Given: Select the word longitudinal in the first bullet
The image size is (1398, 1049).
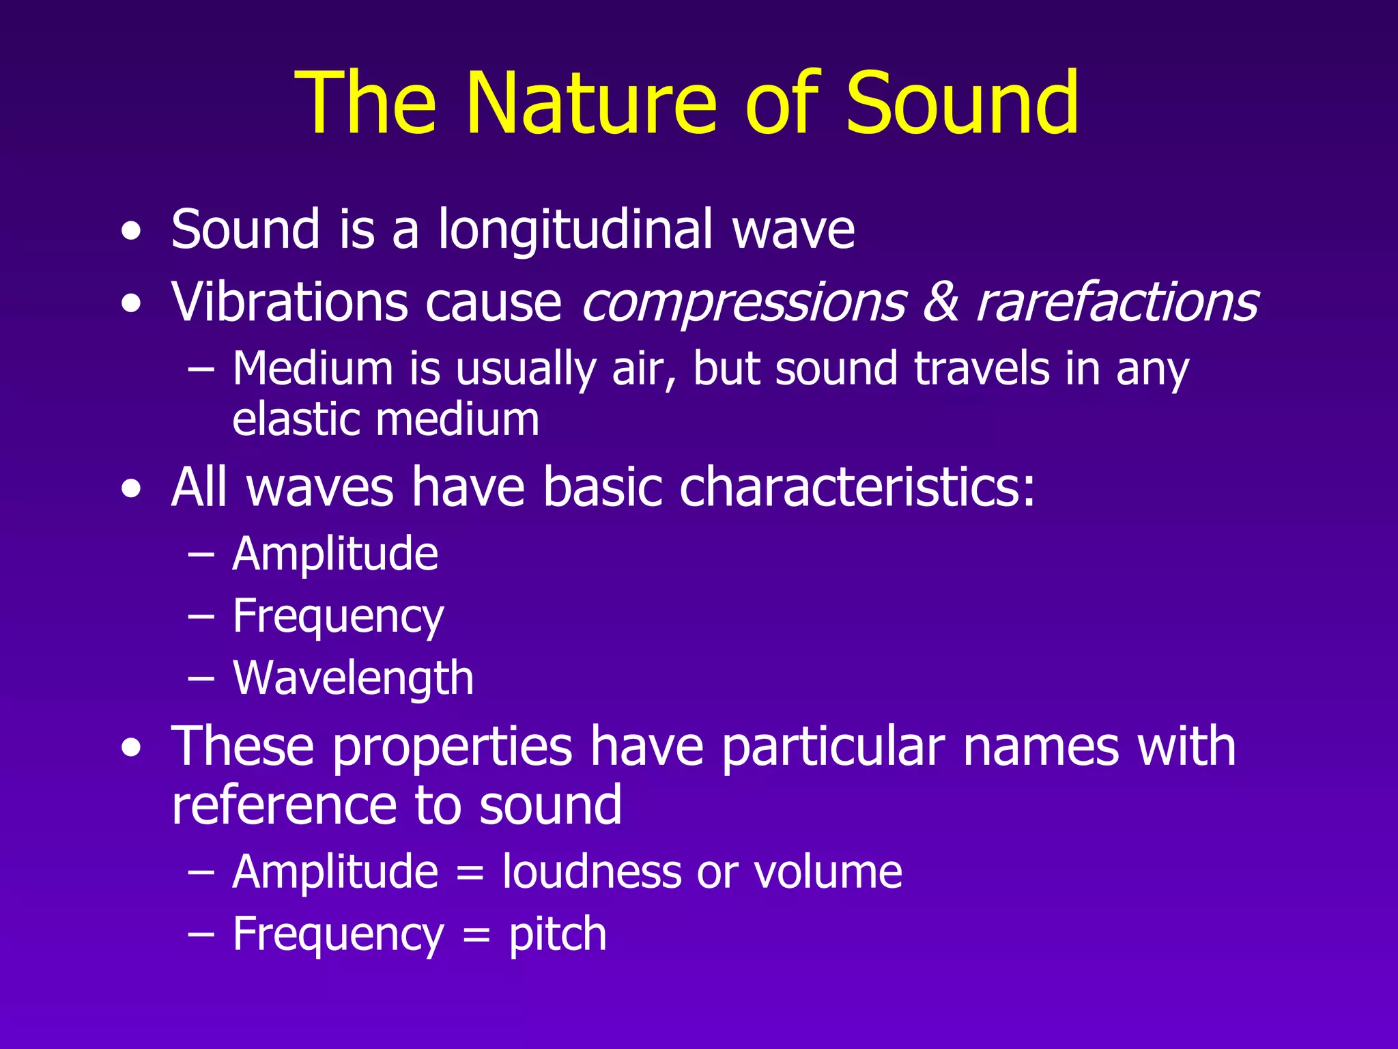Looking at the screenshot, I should [x=575, y=229].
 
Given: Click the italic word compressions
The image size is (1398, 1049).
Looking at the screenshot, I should [x=743, y=303].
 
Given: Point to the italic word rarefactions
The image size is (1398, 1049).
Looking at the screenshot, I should [x=1117, y=302].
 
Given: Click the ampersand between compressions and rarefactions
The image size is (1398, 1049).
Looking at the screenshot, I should [x=941, y=302].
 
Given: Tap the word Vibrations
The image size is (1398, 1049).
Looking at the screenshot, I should [x=289, y=302].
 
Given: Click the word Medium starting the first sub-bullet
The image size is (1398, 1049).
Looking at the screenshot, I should [x=313, y=369].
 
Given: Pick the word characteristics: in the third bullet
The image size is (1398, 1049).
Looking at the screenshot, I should [x=857, y=488].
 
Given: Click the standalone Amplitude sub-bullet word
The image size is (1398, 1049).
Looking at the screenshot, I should [x=334, y=553].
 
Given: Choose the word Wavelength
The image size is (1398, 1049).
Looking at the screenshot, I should [x=353, y=678].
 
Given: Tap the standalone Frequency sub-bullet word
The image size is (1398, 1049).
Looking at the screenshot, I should [x=338, y=617].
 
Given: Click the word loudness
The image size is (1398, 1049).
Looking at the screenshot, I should [x=591, y=872].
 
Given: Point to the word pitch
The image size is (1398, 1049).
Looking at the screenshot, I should [x=557, y=934].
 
